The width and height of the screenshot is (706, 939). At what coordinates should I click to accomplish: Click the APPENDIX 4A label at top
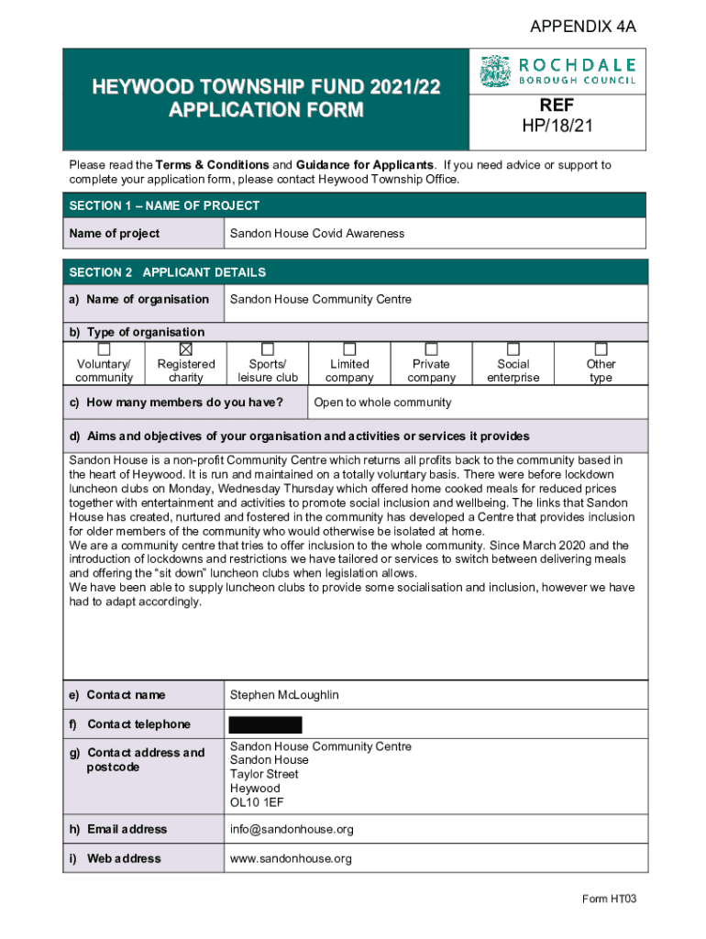pyautogui.click(x=582, y=28)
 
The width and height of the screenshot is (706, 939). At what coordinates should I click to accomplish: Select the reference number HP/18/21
pyautogui.click(x=557, y=126)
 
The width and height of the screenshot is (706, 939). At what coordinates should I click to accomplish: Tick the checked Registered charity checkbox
pyautogui.click(x=186, y=348)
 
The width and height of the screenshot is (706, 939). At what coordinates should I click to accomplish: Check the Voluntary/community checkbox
pyautogui.click(x=104, y=348)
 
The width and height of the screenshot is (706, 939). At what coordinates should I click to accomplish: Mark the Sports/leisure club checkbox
pyautogui.click(x=268, y=348)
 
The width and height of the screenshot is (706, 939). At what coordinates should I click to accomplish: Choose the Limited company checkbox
pyautogui.click(x=349, y=348)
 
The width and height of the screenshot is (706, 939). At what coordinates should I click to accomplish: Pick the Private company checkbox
pyautogui.click(x=431, y=348)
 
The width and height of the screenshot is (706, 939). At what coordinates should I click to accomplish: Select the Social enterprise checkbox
pyautogui.click(x=513, y=348)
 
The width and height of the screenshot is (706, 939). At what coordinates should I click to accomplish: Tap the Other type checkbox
pyautogui.click(x=601, y=348)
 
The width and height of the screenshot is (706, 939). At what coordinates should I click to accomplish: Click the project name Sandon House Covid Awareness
pyautogui.click(x=316, y=234)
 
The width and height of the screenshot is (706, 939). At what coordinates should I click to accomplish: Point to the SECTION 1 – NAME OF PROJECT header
pyautogui.click(x=164, y=205)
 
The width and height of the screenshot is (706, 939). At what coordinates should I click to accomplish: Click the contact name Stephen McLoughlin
pyautogui.click(x=284, y=695)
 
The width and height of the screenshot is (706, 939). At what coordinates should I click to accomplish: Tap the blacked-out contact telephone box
pyautogui.click(x=265, y=724)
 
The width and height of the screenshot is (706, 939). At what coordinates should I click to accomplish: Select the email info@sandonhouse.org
pyautogui.click(x=292, y=829)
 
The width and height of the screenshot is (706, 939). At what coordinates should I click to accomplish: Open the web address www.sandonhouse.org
pyautogui.click(x=291, y=858)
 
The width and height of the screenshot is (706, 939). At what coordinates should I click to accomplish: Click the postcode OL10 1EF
pyautogui.click(x=256, y=802)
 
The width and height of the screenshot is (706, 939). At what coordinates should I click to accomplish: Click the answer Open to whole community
pyautogui.click(x=382, y=403)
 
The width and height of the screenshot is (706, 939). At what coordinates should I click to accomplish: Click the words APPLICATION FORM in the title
pyautogui.click(x=266, y=111)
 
